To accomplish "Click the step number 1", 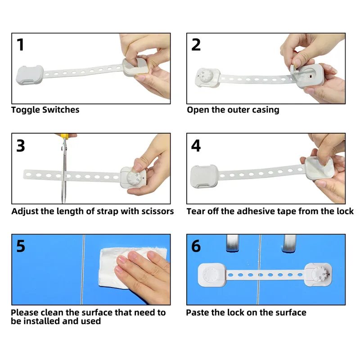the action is (20, 45).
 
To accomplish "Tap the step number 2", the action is (196, 45).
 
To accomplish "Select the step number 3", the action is (20, 145).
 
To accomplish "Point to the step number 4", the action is (196, 145).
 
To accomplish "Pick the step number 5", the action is (20, 246).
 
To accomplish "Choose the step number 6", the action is (196, 246).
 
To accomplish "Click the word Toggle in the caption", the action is (25, 110).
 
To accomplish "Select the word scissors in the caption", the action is (157, 211).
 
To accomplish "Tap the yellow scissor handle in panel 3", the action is (65, 136).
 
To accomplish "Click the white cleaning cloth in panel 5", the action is (124, 267).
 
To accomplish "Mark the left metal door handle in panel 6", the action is (233, 243).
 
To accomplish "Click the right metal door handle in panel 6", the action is (289, 243).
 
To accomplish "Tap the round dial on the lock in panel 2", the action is (206, 76).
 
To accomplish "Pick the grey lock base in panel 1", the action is (30, 75).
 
